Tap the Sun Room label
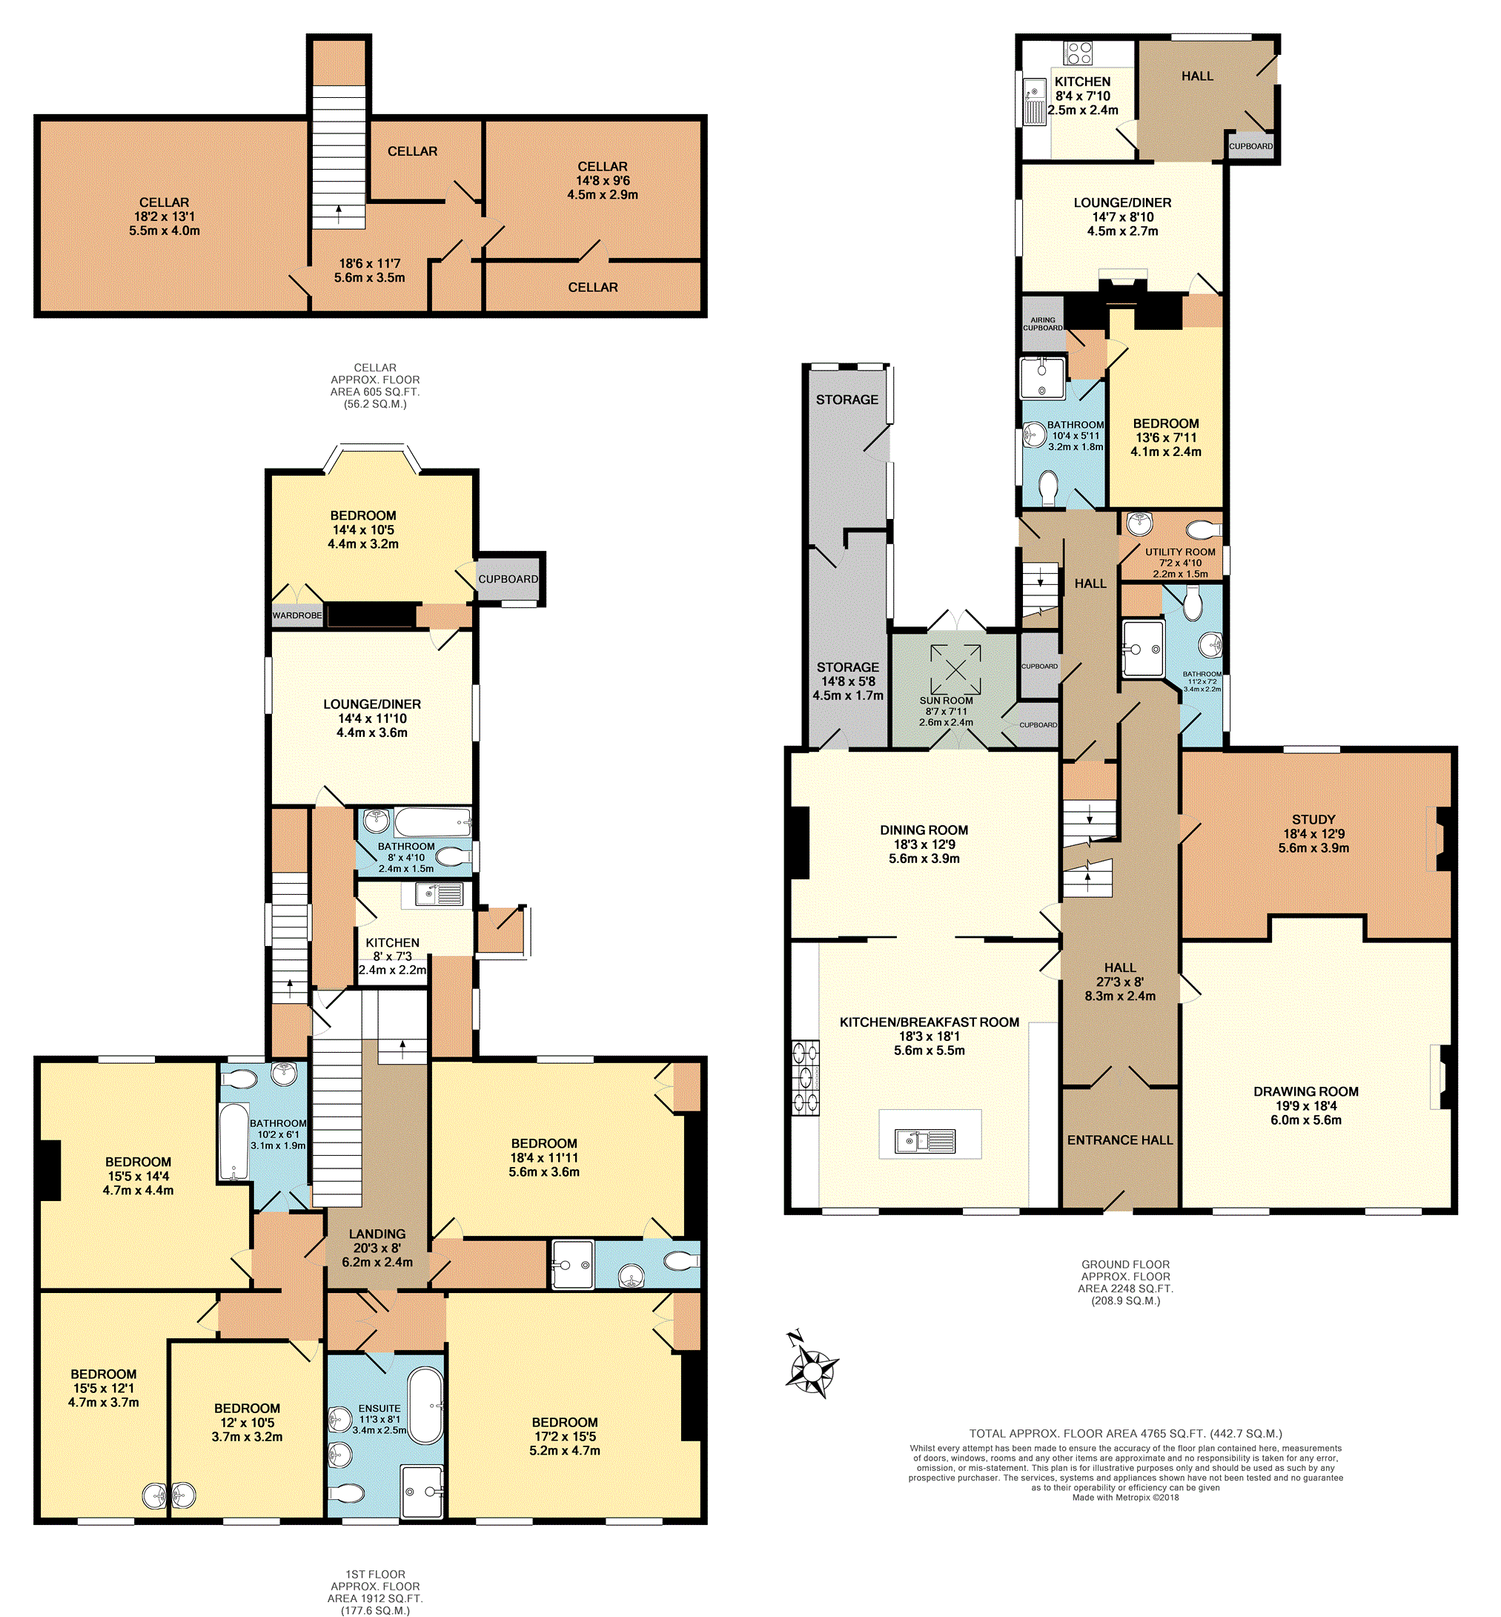click(x=947, y=701)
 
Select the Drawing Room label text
click(x=1306, y=1091)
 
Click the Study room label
click(x=1313, y=819)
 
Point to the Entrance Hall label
click(x=1120, y=1140)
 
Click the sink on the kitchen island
click(x=926, y=1141)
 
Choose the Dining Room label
click(x=924, y=830)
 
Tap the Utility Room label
click(x=1180, y=552)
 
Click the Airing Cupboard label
click(x=1043, y=323)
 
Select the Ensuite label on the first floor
click(x=380, y=1408)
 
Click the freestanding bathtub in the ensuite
click(x=425, y=1406)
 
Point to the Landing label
click(x=377, y=1234)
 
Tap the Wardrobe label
click(x=297, y=615)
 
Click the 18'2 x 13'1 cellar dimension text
click(x=164, y=216)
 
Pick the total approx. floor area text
click(x=1126, y=1433)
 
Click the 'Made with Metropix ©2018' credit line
click(x=1126, y=1498)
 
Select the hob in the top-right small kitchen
click(x=1078, y=53)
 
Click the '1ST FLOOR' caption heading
click(x=375, y=1574)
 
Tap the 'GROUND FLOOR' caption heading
click(x=1126, y=1264)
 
